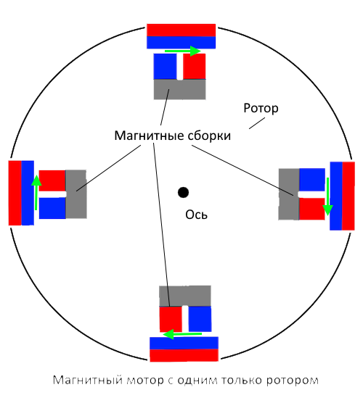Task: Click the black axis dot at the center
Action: [x=183, y=192]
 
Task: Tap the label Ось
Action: [x=196, y=215]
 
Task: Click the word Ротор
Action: [x=261, y=109]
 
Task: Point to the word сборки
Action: [x=209, y=136]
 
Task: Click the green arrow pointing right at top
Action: [x=182, y=51]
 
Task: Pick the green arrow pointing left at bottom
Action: [x=182, y=334]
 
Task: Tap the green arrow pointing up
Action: [x=36, y=192]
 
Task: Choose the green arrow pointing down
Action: [x=327, y=196]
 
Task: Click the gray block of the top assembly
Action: [x=180, y=89]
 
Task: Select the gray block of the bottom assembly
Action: [x=185, y=296]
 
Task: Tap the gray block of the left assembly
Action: [x=76, y=194]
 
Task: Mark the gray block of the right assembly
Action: [x=289, y=194]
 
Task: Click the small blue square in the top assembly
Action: [x=165, y=66]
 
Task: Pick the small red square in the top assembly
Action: [x=195, y=66]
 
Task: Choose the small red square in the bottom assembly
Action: [x=171, y=319]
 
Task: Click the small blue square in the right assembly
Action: [x=312, y=180]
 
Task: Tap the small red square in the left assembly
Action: [x=52, y=180]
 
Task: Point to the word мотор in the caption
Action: [x=145, y=380]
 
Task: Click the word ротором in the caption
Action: [x=293, y=381]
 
